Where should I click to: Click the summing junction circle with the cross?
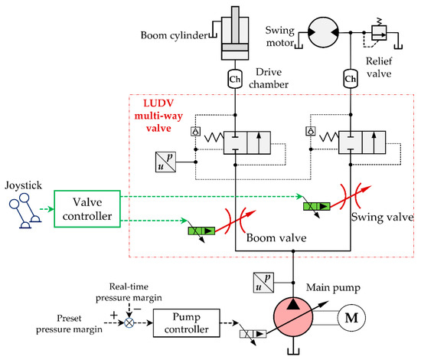129,322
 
